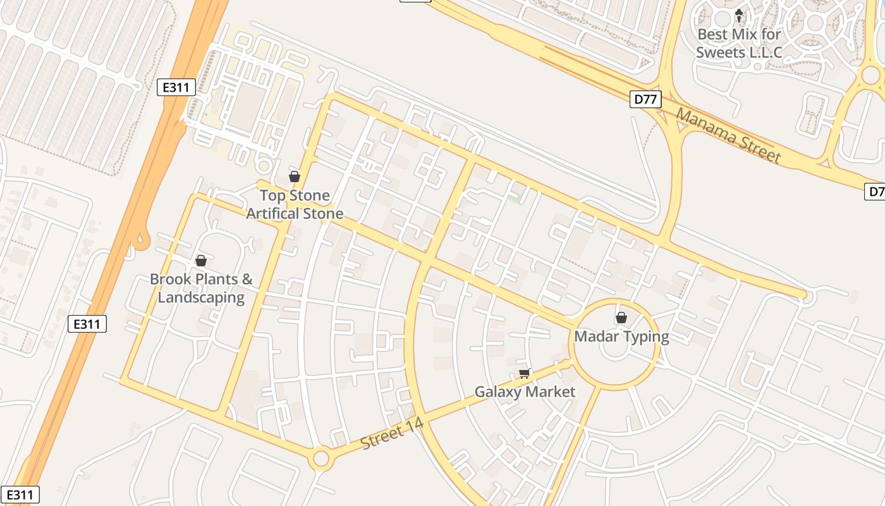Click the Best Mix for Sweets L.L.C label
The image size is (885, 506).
tap(739, 43)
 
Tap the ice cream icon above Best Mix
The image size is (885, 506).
tap(739, 15)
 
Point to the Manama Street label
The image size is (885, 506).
tap(728, 135)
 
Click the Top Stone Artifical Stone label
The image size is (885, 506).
tap(295, 204)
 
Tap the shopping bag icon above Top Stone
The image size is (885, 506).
tap(294, 176)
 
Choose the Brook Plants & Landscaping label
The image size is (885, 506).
tap(201, 288)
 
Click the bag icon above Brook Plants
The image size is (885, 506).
tap(201, 261)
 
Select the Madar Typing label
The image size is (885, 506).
tap(621, 336)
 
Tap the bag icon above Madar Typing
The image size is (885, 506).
tap(621, 318)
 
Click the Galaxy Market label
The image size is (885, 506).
tap(525, 392)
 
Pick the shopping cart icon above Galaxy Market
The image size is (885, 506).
tap(524, 374)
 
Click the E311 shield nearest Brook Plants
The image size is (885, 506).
tap(87, 324)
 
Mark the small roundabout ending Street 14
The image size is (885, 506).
tap(321, 459)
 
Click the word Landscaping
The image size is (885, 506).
tap(201, 297)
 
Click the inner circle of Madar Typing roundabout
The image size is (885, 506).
tap(615, 345)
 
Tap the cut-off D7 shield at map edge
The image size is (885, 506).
tap(875, 191)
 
